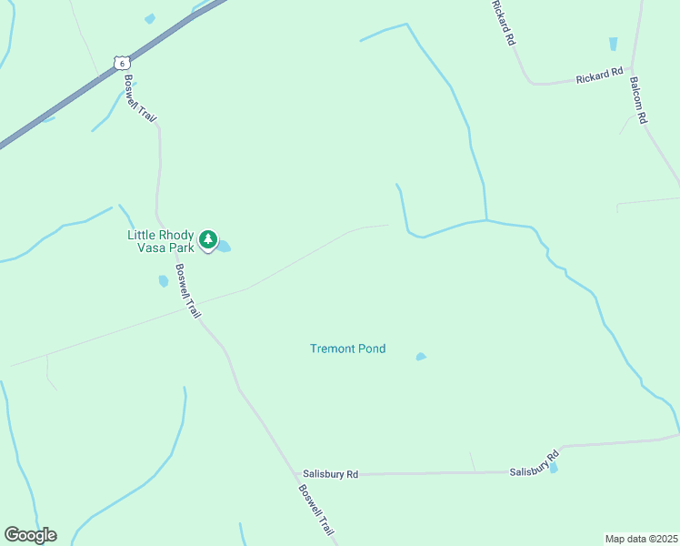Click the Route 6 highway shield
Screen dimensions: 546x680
(122, 63)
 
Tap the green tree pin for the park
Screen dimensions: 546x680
(209, 240)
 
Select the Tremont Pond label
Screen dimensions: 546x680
(347, 349)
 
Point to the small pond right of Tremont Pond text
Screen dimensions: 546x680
(421, 357)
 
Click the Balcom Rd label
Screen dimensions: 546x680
(637, 99)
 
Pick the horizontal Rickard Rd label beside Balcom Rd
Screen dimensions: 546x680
(599, 76)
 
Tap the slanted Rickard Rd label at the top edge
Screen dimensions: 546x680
(503, 23)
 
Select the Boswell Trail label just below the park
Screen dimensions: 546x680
(188, 290)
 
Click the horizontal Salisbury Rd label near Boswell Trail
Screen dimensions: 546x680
(331, 474)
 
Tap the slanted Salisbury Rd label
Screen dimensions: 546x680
(534, 464)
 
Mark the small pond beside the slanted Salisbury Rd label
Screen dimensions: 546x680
(554, 468)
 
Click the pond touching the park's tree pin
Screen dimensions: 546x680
(224, 246)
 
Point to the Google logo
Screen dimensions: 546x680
(30, 535)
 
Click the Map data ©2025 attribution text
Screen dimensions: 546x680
(641, 539)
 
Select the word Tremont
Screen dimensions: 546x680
(333, 349)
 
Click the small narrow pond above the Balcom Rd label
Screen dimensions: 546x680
(613, 44)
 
